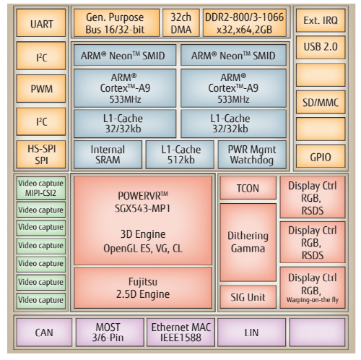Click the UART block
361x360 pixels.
pyautogui.click(x=41, y=23)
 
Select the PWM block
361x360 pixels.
pyautogui.click(x=41, y=88)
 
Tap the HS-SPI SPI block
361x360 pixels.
pyautogui.click(x=41, y=155)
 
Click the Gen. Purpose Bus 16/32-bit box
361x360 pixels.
pyautogui.click(x=116, y=23)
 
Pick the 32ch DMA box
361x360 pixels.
pyautogui.click(x=181, y=23)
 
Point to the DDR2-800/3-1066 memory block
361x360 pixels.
pyautogui.click(x=245, y=23)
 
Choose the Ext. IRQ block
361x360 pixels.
pyautogui.click(x=321, y=20)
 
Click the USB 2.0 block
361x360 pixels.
pyautogui.click(x=321, y=48)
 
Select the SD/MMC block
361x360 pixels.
pyautogui.click(x=321, y=102)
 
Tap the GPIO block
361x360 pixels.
pyautogui.click(x=321, y=156)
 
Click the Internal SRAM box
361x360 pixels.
pyautogui.click(x=108, y=155)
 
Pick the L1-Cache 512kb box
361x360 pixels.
pyautogui.click(x=180, y=155)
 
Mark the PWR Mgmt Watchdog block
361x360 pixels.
pyautogui.click(x=252, y=155)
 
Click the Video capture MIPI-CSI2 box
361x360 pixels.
pyautogui.click(x=41, y=188)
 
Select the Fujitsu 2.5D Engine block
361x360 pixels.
pyautogui.click(x=143, y=288)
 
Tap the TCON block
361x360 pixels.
pyautogui.click(x=248, y=188)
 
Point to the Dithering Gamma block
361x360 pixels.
pyautogui.click(x=248, y=242)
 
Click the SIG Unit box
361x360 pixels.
pyautogui.click(x=248, y=297)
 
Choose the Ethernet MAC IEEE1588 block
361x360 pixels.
pyautogui.click(x=180, y=333)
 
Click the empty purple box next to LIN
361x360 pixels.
pyautogui.click(x=318, y=333)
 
